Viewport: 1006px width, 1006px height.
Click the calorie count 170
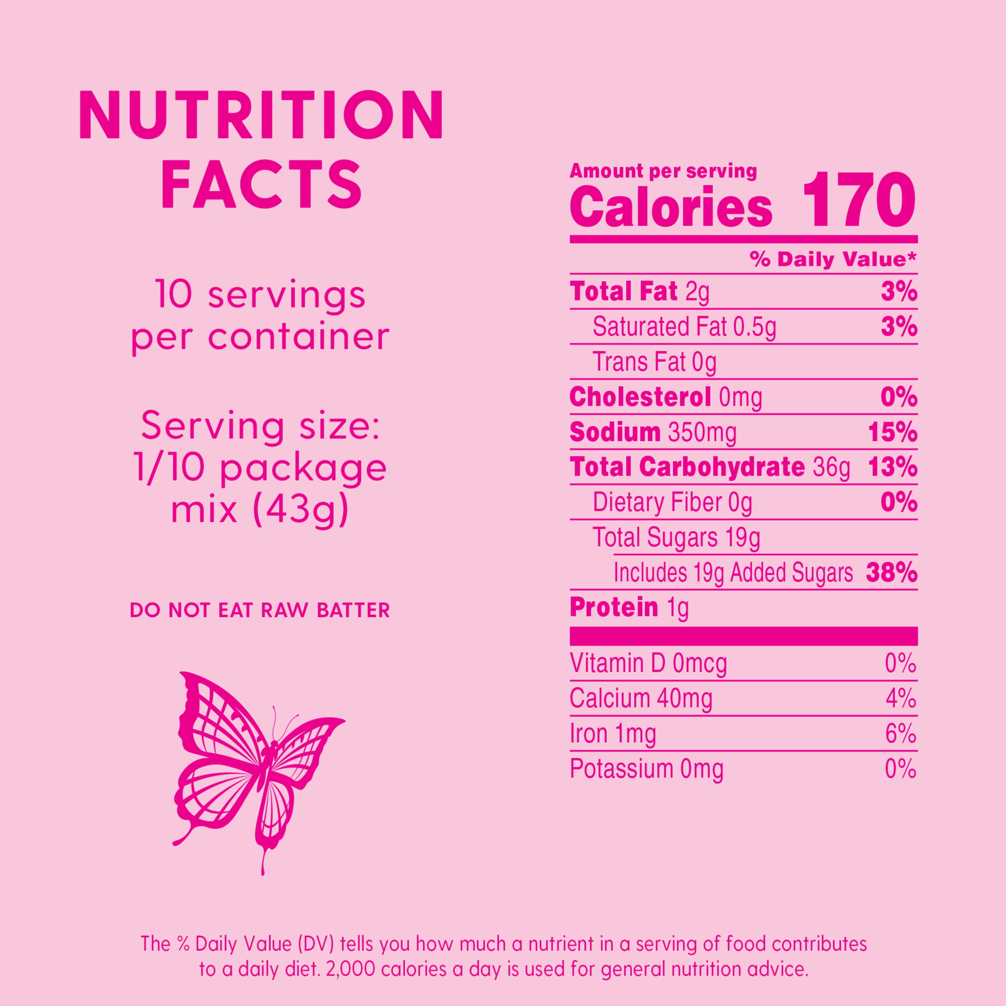[x=859, y=201]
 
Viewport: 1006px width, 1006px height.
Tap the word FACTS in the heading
[x=262, y=185]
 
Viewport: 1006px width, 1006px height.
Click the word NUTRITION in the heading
[x=262, y=116]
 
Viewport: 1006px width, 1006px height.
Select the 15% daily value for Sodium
[x=892, y=432]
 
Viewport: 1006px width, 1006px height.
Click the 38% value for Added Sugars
[x=891, y=573]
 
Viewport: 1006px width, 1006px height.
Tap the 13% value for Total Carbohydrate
[x=892, y=467]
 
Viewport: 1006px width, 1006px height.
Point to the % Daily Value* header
[x=833, y=259]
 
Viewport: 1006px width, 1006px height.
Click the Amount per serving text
[x=663, y=171]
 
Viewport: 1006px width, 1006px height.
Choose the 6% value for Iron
[x=900, y=734]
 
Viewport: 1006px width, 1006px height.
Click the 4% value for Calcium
[x=901, y=699]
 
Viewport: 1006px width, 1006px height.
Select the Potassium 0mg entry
[x=646, y=769]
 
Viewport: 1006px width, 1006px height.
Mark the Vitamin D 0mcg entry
[x=648, y=663]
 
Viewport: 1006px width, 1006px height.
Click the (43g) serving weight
[x=300, y=509]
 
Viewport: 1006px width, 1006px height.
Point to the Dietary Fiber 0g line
[x=672, y=502]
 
